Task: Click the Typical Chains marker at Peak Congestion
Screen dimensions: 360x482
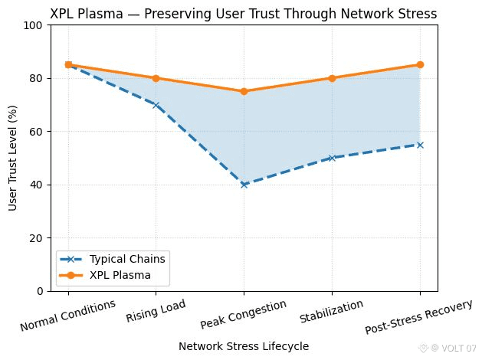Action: click(x=244, y=185)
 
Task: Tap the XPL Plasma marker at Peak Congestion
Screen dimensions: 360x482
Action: click(x=244, y=91)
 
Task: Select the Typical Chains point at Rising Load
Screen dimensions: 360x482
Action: click(x=156, y=105)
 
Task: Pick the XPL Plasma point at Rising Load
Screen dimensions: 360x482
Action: click(x=156, y=78)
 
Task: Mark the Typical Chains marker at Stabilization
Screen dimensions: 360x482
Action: click(x=332, y=158)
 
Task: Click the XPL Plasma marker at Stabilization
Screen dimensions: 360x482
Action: click(x=332, y=78)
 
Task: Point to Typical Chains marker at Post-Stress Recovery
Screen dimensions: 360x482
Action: click(x=420, y=145)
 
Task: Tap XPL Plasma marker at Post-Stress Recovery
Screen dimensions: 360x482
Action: click(x=420, y=65)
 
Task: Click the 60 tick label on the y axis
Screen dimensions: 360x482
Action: click(x=39, y=132)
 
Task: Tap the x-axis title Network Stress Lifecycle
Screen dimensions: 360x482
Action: click(x=244, y=346)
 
